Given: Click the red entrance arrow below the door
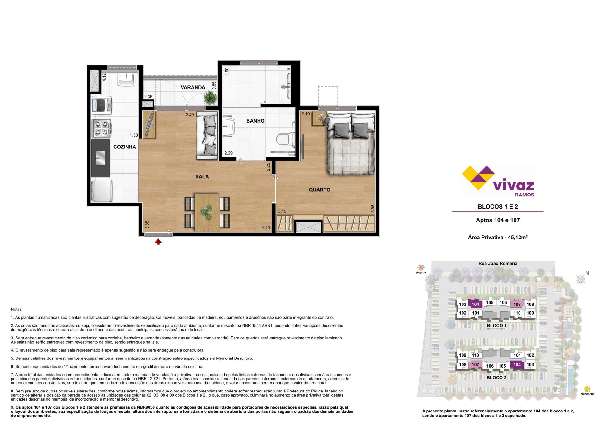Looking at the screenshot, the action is [158, 241].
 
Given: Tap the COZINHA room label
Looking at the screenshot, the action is [125, 147].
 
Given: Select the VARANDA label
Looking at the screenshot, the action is [193, 87].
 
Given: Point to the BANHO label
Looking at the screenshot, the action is [255, 121].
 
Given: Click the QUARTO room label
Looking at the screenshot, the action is [320, 190].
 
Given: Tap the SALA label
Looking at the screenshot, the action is [202, 177].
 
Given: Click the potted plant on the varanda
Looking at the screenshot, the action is [210, 99].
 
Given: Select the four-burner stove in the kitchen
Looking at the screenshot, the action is [102, 128].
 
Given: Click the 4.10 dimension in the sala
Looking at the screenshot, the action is [266, 228].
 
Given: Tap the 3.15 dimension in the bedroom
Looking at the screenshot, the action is [282, 211].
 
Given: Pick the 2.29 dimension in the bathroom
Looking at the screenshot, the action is [229, 153].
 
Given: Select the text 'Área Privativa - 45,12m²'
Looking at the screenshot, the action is [498, 238].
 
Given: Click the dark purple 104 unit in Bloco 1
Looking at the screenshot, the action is [475, 304].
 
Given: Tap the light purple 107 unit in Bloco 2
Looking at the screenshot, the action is [475, 365].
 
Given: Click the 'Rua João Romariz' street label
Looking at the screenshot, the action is [498, 263].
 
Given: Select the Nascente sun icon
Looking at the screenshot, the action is [587, 389].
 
